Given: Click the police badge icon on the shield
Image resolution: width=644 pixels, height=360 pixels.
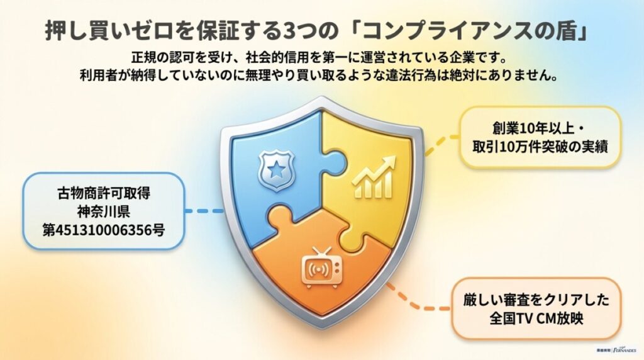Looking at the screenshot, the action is point(272,169).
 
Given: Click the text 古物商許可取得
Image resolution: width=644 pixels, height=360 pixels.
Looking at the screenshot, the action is point(103,194).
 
